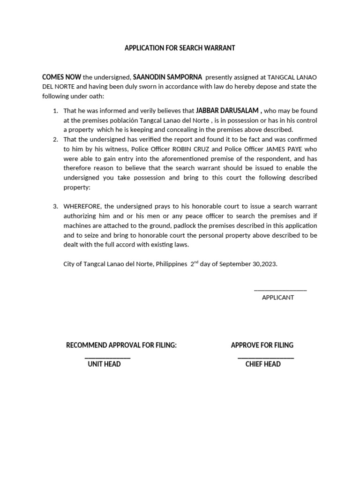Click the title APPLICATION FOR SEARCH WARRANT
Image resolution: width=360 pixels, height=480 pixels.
(180, 48)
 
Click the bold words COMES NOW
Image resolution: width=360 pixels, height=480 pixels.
(61, 77)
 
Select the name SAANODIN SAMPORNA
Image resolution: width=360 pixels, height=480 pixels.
(167, 77)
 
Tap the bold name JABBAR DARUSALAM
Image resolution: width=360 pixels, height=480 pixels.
(227, 111)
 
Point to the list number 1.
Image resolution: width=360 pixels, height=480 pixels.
(55, 111)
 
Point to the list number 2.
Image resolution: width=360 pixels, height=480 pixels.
(55, 140)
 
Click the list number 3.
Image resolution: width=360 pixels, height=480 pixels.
(55, 206)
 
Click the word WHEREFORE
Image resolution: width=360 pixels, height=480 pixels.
(82, 206)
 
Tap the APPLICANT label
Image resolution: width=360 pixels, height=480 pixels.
(278, 298)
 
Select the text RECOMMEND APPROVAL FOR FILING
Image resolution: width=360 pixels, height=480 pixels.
(121, 345)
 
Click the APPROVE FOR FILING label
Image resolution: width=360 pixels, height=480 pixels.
(262, 345)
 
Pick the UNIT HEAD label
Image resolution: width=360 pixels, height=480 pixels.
(104, 364)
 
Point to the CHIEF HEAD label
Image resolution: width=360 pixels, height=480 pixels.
(263, 364)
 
